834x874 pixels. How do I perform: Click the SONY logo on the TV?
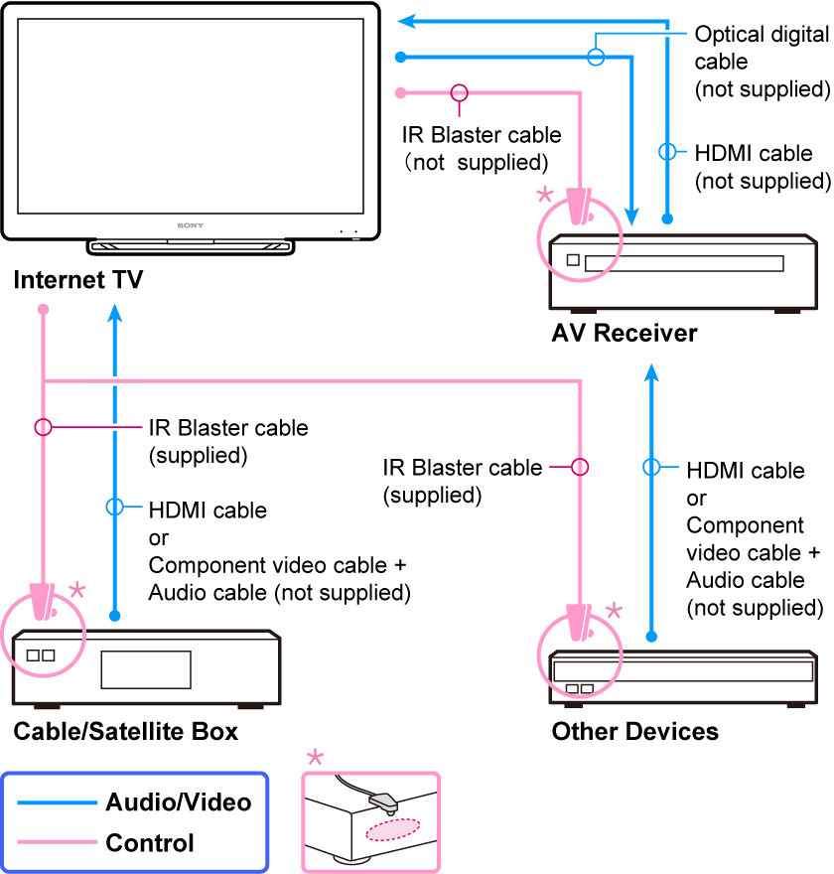point(191,225)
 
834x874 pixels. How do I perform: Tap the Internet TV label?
point(78,281)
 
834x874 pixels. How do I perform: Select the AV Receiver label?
point(625,333)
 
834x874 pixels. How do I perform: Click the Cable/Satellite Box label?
point(126,732)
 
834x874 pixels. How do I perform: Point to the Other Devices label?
point(634,732)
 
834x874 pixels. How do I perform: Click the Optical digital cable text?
point(761,62)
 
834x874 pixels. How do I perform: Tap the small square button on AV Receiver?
point(572,261)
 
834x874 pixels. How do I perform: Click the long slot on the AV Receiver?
point(684,263)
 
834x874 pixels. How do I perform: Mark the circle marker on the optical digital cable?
point(596,56)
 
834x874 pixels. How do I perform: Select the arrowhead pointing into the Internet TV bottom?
point(115,314)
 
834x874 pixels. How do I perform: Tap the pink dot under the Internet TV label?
point(43,311)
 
